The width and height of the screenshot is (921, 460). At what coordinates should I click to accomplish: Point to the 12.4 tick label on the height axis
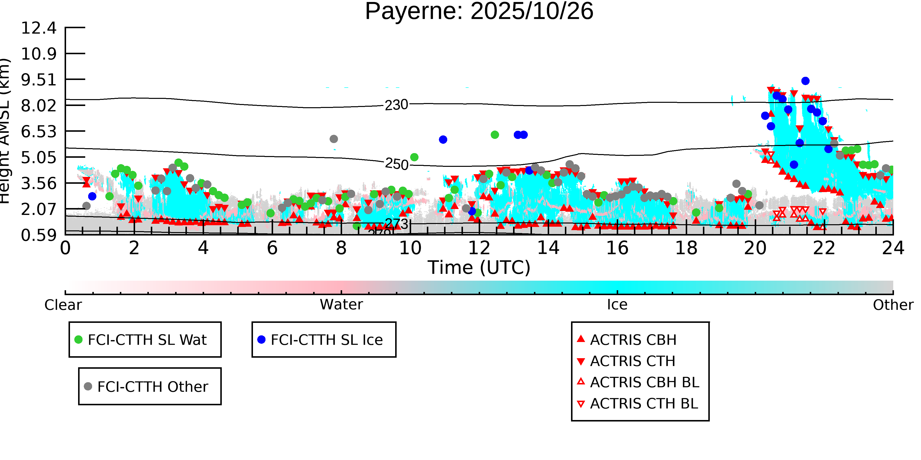pyautogui.click(x=39, y=28)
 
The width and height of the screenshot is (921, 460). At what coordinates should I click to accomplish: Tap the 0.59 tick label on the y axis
pyautogui.click(x=39, y=235)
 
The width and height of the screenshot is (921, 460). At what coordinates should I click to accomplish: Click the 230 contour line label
pyautogui.click(x=396, y=105)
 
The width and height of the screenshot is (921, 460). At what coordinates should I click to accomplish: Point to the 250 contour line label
pyautogui.click(x=396, y=164)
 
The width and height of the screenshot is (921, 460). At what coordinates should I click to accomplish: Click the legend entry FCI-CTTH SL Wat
pyautogui.click(x=147, y=340)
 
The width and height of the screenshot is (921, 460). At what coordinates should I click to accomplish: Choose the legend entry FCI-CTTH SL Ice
pyautogui.click(x=326, y=340)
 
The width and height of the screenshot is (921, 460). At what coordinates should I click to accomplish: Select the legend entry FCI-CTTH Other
pyautogui.click(x=152, y=386)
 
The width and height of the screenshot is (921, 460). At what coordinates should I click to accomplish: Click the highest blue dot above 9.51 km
pyautogui.click(x=805, y=81)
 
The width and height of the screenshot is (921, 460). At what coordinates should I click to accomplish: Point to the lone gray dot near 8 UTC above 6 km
pyautogui.click(x=334, y=139)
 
